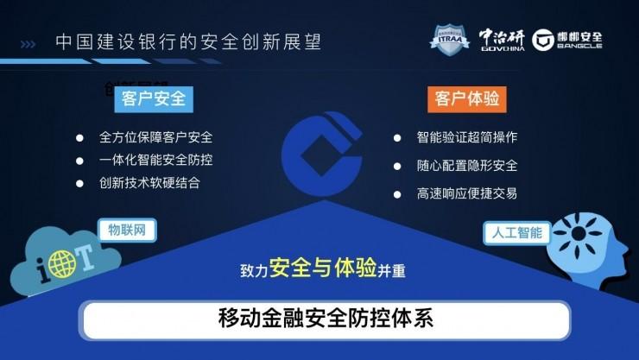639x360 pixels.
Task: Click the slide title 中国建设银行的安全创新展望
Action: click(x=193, y=41)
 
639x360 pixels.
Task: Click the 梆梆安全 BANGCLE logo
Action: click(x=567, y=40)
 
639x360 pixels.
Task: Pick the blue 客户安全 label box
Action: click(x=155, y=98)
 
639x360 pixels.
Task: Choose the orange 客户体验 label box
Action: click(x=466, y=98)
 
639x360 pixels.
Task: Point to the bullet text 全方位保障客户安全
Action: click(x=156, y=138)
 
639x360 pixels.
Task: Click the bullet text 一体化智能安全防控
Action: click(x=156, y=161)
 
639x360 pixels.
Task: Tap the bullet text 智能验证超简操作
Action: click(x=467, y=138)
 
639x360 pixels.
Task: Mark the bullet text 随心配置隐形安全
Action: click(x=467, y=166)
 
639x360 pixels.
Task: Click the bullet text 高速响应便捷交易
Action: click(x=467, y=193)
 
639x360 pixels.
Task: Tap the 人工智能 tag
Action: click(x=517, y=232)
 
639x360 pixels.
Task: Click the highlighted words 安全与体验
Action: click(x=322, y=268)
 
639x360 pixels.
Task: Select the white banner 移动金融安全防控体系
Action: click(x=326, y=319)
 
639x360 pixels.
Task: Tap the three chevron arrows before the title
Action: click(x=28, y=42)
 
